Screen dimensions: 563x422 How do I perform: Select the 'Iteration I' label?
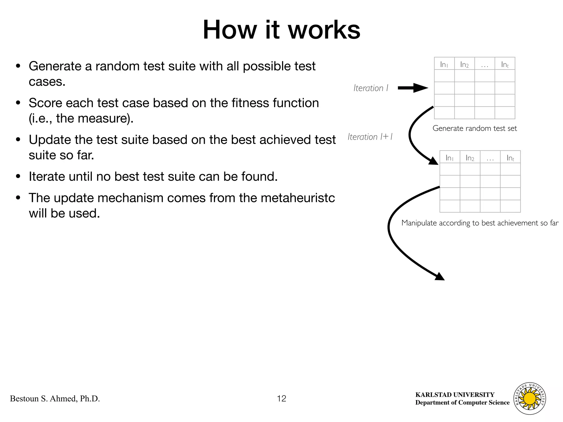tap(371, 88)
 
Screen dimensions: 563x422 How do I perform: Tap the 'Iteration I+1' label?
tap(370, 137)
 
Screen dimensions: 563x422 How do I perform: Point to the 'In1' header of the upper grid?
tap(444, 65)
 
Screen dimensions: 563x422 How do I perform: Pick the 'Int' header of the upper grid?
tap(505, 65)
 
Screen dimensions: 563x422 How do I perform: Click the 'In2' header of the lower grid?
tap(470, 158)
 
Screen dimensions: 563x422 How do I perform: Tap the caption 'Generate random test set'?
tap(474, 128)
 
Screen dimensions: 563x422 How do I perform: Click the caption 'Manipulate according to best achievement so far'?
tap(480, 223)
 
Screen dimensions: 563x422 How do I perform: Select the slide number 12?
tap(281, 398)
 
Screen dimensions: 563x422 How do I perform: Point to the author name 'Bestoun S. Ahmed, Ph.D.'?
tap(55, 399)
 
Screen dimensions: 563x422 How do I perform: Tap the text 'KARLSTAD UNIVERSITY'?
tap(455, 395)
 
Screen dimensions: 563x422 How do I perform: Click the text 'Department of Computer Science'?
tap(462, 402)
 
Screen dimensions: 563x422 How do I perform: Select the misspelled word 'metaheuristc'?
tap(298, 198)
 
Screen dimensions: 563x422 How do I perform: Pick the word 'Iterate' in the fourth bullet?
tap(47, 176)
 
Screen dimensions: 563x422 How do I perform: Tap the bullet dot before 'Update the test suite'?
tap(18, 140)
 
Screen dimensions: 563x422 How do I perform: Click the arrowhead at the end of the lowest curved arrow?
tap(440, 277)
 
